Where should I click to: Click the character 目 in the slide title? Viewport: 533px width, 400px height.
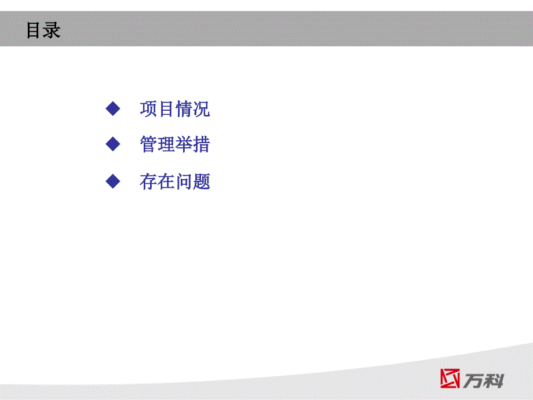(x=34, y=30)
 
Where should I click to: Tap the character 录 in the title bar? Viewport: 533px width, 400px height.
(x=52, y=30)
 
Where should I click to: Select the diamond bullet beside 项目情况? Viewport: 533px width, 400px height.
(x=113, y=109)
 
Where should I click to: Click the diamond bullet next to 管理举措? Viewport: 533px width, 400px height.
(x=113, y=144)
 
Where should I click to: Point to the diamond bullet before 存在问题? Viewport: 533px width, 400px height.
(x=113, y=181)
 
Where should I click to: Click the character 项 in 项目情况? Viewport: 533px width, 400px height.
(x=148, y=109)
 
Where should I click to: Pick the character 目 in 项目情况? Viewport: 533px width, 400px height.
(x=166, y=109)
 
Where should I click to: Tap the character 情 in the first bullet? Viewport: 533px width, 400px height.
(x=184, y=109)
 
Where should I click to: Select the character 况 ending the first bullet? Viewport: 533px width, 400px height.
(x=202, y=109)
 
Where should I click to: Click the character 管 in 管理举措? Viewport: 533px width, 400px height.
(x=148, y=144)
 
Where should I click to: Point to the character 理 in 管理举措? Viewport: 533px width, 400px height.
(x=166, y=144)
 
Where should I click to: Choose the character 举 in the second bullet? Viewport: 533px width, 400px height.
(x=184, y=144)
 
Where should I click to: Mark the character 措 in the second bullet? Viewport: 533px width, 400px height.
(x=202, y=144)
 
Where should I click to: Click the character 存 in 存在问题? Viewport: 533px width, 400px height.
(x=148, y=181)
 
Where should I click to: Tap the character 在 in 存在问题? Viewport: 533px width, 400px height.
(x=166, y=181)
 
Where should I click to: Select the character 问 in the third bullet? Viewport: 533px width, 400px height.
(x=184, y=181)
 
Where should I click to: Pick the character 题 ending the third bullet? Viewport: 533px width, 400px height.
(x=202, y=181)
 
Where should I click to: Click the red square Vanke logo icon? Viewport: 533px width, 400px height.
(x=450, y=378)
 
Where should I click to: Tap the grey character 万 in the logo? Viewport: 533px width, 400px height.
(x=473, y=381)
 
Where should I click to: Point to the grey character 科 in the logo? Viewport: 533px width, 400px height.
(x=494, y=381)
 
